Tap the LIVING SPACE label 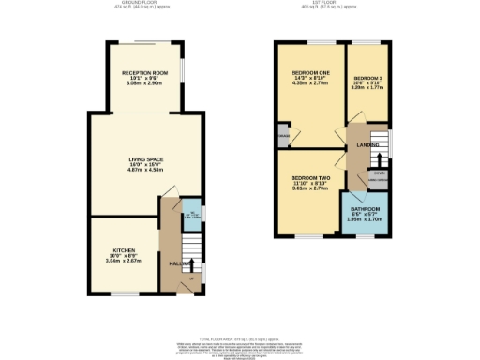[145, 160]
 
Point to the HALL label [174, 263]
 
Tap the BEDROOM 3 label [367, 79]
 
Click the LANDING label [367, 145]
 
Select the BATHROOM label [366, 208]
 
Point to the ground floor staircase [190, 253]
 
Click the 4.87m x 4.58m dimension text [145, 171]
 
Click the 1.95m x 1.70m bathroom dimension [366, 219]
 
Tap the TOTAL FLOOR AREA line [240, 337]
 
